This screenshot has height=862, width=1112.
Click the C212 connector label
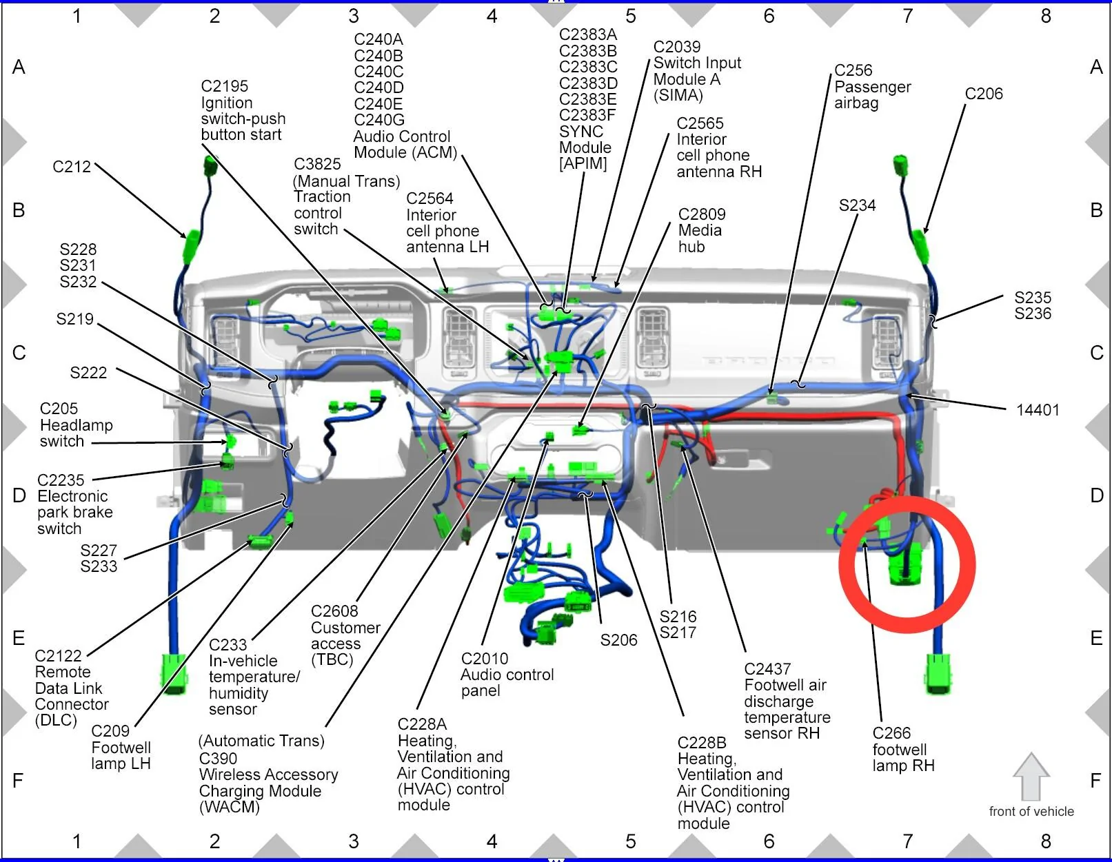coord(72,167)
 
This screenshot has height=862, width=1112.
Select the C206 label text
coord(984,94)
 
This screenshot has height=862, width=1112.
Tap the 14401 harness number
coord(1038,410)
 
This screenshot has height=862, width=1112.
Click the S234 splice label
coord(857,205)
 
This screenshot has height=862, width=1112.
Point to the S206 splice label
coord(618,640)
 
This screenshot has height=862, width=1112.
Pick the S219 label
coord(75,319)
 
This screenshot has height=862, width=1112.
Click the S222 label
coord(89,373)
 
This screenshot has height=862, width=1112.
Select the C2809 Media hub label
coord(702,230)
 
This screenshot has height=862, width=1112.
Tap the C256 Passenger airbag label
coord(872,87)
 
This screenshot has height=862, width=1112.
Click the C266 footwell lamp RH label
coord(903,749)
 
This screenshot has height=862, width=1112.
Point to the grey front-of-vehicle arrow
coord(1031,776)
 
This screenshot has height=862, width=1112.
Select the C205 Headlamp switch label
coord(76,425)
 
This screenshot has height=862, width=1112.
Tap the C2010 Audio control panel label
coord(507,675)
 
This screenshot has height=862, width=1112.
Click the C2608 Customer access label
coord(345,635)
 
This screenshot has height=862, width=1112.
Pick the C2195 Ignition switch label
coord(243,110)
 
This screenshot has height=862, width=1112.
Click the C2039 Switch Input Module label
coord(696,71)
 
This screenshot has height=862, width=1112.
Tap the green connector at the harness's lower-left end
coord(174,672)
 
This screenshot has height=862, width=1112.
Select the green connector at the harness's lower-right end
coord(938,673)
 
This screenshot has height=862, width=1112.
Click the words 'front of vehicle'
coord(1031,811)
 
